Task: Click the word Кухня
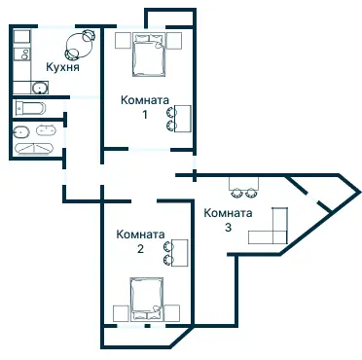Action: pos(62,67)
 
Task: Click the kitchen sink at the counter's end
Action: pos(40,88)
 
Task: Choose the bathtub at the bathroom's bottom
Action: pos(34,148)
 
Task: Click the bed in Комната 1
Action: pos(149,54)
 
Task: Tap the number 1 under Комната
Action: pos(145,115)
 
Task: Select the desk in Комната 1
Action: pos(183,119)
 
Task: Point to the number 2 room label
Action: pos(140,249)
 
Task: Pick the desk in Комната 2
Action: pos(180,253)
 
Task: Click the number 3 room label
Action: pos(228,228)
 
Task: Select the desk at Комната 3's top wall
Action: pos(243,183)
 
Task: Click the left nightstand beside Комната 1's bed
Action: pos(124,41)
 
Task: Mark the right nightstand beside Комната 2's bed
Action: pos(172,313)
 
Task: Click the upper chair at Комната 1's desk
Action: pos(170,112)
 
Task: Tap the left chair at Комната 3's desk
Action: pos(236,194)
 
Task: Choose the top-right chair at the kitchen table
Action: pos(89,35)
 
